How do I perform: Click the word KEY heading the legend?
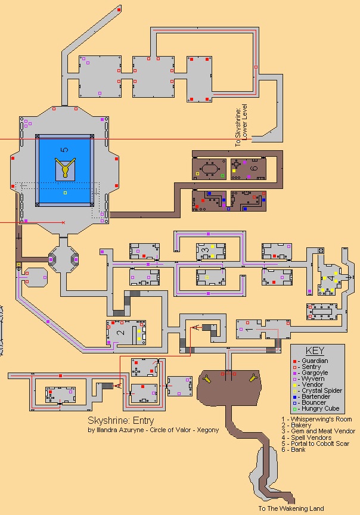(x=314, y=351)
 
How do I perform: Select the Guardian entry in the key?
(x=312, y=361)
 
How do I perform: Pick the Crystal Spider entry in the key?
(x=318, y=391)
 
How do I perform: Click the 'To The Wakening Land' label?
(x=291, y=508)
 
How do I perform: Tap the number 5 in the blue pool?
(x=64, y=149)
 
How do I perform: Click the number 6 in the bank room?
(x=253, y=169)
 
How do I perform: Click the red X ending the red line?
(x=63, y=222)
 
